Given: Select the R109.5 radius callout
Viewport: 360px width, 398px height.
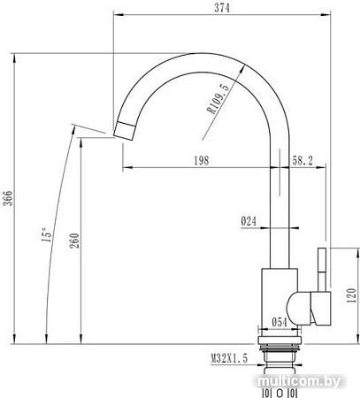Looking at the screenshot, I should point(218,98).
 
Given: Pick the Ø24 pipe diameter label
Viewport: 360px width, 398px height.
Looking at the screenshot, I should point(249,222).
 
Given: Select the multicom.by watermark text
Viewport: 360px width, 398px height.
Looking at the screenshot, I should point(314,380).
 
